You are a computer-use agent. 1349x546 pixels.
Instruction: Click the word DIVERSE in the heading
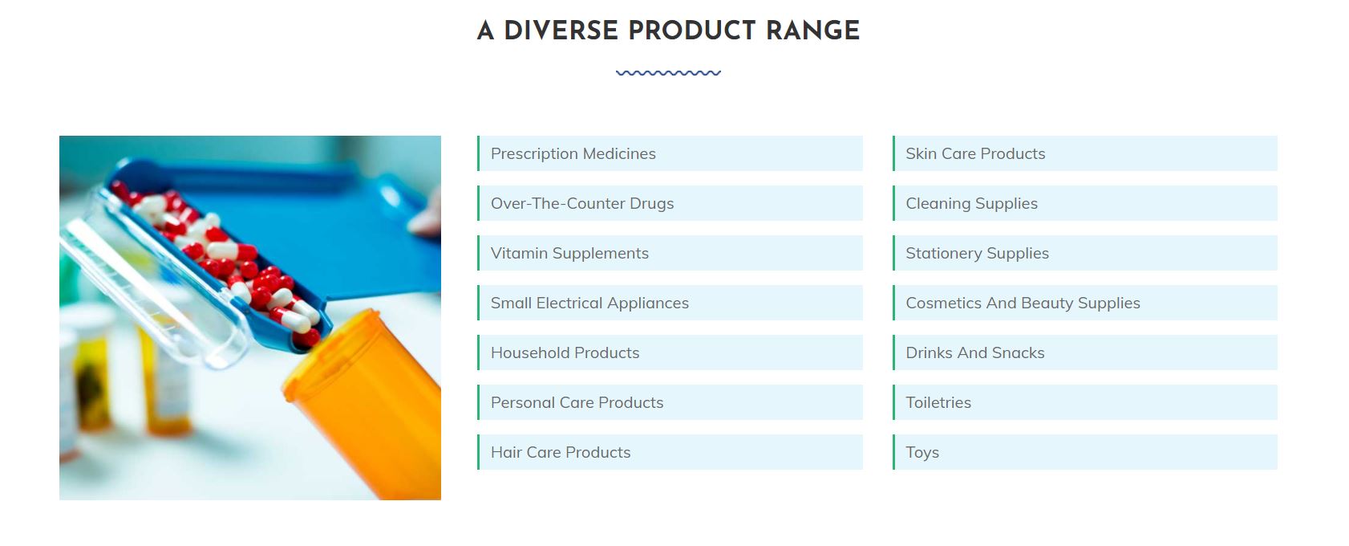click(x=561, y=31)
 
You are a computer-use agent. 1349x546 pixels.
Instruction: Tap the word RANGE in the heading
click(x=812, y=31)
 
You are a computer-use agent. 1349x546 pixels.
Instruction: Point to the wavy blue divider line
click(x=668, y=73)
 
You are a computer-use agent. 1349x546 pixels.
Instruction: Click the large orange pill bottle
click(x=367, y=404)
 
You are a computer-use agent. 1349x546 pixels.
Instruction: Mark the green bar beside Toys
click(x=893, y=452)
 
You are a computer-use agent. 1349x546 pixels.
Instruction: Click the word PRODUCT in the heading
click(x=692, y=31)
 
